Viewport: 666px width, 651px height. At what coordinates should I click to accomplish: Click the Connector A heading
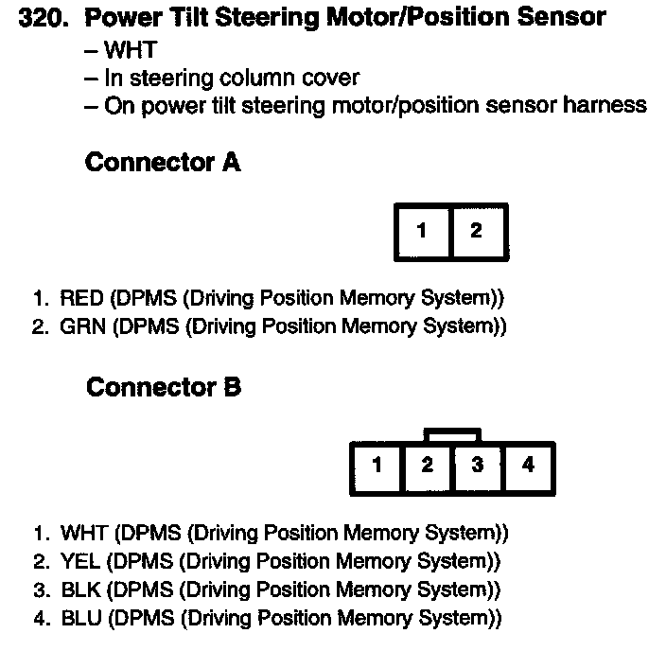(163, 163)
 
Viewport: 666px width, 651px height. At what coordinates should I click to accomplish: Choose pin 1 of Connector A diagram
(423, 231)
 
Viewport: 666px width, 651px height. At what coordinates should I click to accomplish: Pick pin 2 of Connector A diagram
(476, 231)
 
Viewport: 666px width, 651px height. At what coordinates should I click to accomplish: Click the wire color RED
(81, 299)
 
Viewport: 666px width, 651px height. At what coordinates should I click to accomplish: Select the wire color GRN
(81, 327)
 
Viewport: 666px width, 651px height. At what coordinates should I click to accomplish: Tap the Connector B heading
(163, 387)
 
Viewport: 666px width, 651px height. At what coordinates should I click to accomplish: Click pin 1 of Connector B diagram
(377, 466)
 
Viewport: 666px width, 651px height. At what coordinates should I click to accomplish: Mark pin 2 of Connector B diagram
(428, 466)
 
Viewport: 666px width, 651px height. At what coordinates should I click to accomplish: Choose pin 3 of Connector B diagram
(478, 466)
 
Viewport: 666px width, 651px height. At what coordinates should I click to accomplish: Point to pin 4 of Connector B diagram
(528, 466)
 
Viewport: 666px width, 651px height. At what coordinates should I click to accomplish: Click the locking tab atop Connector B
(453, 436)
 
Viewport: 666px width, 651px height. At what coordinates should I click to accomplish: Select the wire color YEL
(80, 561)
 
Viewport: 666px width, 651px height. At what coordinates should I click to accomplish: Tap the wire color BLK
(80, 589)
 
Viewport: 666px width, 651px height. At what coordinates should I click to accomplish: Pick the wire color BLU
(80, 619)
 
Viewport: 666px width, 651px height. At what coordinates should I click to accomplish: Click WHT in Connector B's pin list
(81, 533)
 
